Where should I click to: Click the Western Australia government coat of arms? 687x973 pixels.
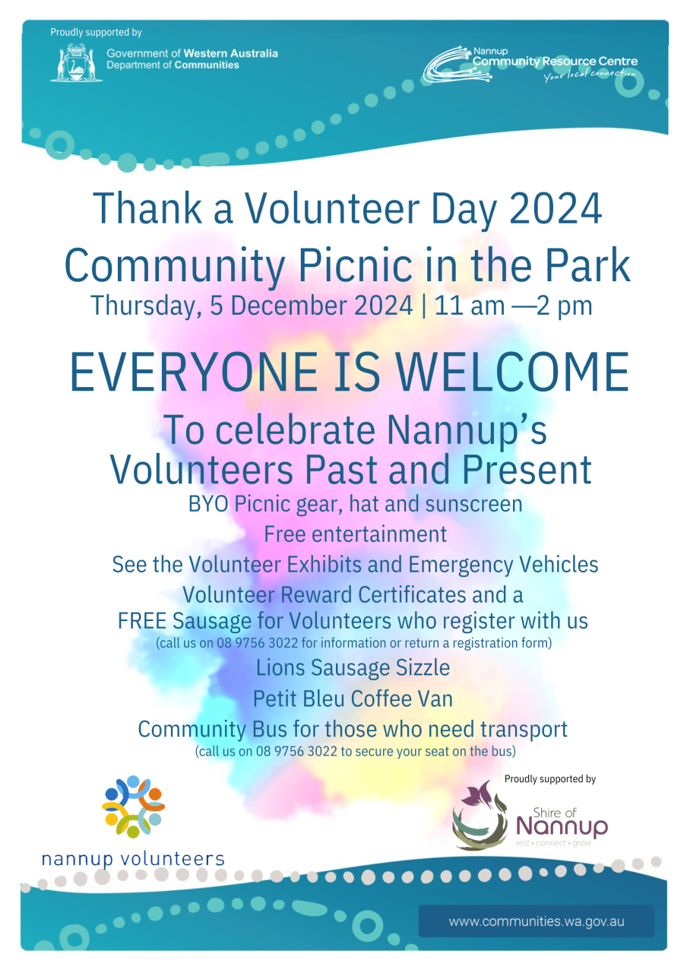pos(76,62)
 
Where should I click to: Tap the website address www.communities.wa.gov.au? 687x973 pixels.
pos(537,921)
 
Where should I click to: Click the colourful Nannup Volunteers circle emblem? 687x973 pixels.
pos(133,807)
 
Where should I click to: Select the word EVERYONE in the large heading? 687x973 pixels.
pos(194,372)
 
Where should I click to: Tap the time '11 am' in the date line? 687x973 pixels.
pos(470,306)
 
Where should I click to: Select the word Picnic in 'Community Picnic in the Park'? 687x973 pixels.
pos(355,265)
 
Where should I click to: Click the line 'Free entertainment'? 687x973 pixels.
pos(355,534)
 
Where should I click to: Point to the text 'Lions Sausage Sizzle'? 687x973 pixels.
pos(353,667)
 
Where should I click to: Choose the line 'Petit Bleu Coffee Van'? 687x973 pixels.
pos(353,699)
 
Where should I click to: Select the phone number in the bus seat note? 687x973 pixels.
pos(296,751)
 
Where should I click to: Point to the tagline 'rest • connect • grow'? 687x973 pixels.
pos(553,843)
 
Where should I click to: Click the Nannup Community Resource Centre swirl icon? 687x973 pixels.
pos(457,65)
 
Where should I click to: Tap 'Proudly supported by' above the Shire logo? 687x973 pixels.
pos(549,779)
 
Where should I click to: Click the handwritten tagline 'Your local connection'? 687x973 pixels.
pos(590,74)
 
